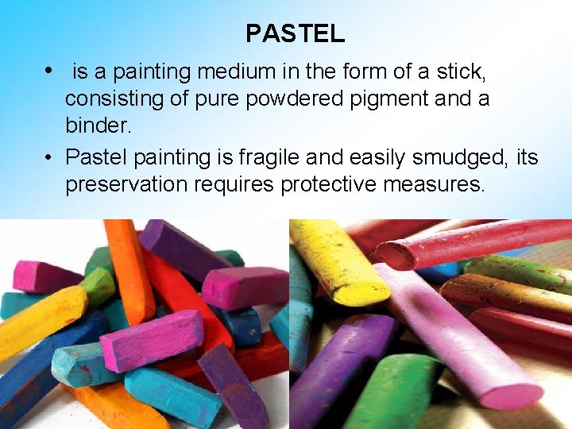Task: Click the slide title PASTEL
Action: click(295, 33)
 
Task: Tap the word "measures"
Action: click(442, 185)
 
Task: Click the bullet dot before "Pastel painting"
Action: click(49, 157)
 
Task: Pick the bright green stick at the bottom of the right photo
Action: click(397, 393)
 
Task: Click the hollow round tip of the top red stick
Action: click(394, 256)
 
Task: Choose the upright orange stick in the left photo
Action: click(129, 270)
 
